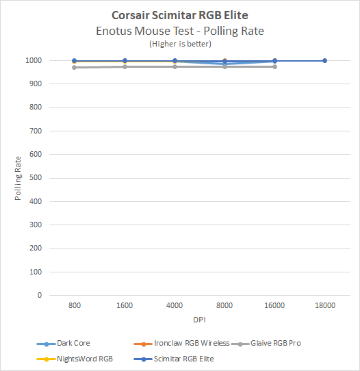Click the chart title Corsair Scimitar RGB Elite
[179, 14]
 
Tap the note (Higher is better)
[179, 43]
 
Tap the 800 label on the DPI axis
[75, 307]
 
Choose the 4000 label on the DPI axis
[175, 307]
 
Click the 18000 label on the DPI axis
[324, 307]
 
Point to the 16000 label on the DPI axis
[274, 307]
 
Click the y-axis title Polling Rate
[19, 178]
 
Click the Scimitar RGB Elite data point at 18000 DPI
[324, 61]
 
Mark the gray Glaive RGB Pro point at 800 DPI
[75, 67]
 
